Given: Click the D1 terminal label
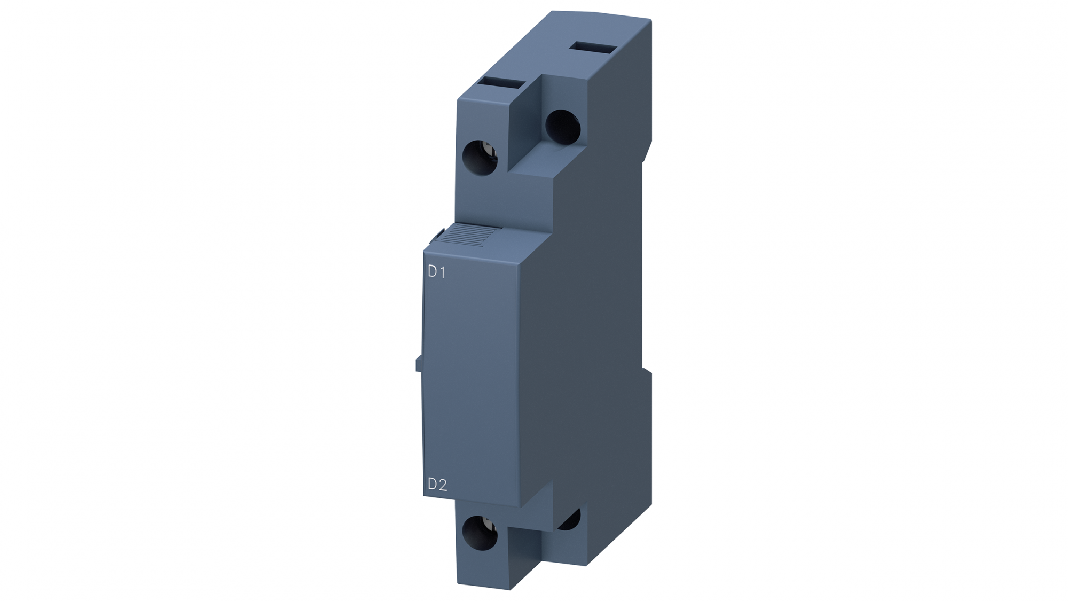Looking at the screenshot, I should click(436, 272).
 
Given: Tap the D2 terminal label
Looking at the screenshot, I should click(437, 485).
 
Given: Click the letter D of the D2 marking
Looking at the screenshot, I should click(432, 485).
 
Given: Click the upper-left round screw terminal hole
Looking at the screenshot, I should click(480, 157).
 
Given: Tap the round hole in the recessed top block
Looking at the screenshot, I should click(563, 127).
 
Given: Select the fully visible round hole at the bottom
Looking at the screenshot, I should click(480, 534).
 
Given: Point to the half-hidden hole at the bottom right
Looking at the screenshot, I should click(570, 520).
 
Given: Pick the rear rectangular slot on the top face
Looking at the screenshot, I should click(593, 48).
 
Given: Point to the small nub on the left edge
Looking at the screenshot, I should click(418, 364).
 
